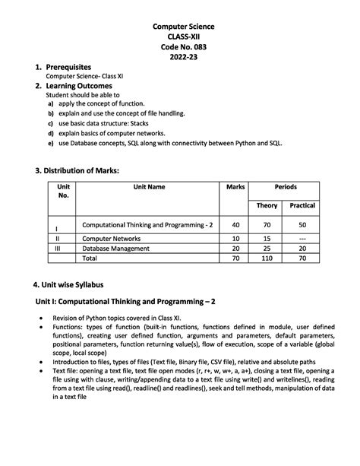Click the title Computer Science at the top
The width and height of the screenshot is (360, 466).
pyautogui.click(x=179, y=27)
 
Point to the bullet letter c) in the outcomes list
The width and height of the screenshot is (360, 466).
pyautogui.click(x=50, y=122)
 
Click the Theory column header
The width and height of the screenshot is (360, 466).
pyautogui.click(x=267, y=205)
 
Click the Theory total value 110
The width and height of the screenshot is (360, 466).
pyautogui.click(x=267, y=258)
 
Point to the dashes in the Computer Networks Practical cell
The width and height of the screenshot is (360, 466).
pyautogui.click(x=302, y=238)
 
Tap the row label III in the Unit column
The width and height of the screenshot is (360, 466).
pyautogui.click(x=58, y=248)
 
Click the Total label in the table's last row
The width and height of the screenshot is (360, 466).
pyautogui.click(x=90, y=258)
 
